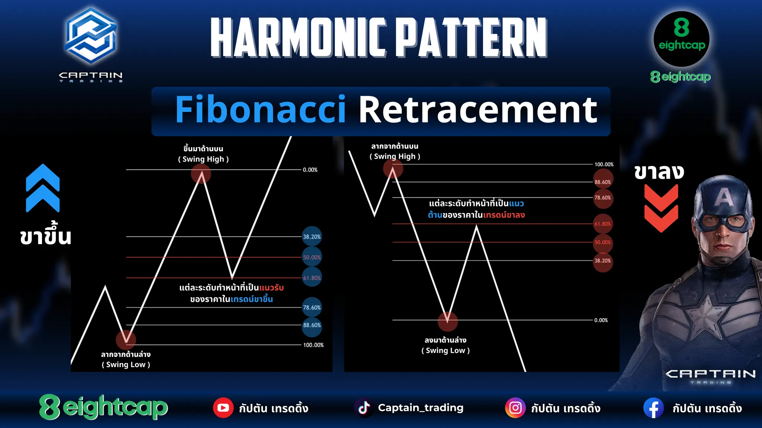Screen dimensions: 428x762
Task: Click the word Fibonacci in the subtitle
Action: [260, 110]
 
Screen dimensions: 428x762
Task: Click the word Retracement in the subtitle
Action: [478, 110]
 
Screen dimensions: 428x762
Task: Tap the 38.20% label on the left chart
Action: [312, 237]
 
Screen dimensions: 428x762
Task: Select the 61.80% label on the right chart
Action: [603, 224]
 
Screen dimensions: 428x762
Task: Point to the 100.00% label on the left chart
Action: [313, 345]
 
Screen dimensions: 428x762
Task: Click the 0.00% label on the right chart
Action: [601, 320]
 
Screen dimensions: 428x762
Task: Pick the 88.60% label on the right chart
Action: [603, 182]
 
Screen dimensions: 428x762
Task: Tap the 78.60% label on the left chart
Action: [312, 308]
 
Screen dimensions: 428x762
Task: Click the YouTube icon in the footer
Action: [223, 408]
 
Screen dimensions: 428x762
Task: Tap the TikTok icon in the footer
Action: [364, 408]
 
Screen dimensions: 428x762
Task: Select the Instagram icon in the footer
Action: [515, 408]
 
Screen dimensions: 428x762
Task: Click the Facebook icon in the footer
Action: [654, 408]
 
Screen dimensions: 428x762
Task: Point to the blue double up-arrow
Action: [43, 188]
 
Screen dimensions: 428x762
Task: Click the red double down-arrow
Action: [661, 208]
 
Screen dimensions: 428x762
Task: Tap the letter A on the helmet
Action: [724, 197]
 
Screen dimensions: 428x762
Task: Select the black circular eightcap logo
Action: [682, 39]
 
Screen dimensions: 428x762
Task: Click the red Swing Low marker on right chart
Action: [448, 321]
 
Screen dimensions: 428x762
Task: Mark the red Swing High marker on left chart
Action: [201, 174]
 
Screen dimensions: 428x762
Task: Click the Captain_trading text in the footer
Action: [421, 408]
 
